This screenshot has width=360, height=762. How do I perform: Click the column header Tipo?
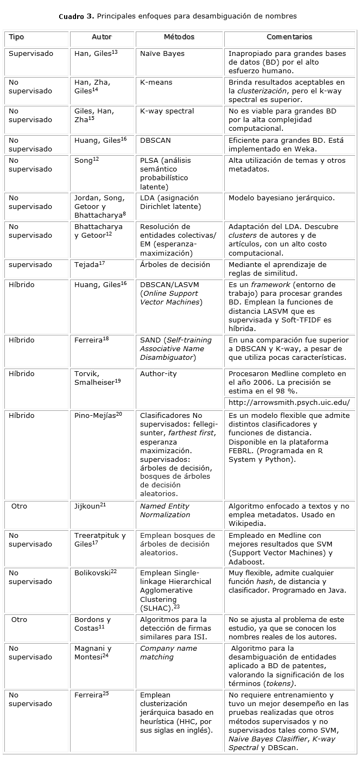[16, 37]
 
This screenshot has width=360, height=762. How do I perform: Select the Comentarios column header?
[289, 37]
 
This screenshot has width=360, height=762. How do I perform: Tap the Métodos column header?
[179, 37]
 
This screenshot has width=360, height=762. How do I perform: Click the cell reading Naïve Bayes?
[162, 54]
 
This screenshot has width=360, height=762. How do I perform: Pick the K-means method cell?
[156, 82]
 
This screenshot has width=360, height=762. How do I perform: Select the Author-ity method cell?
[158, 374]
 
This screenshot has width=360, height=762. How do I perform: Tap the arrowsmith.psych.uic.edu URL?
[289, 403]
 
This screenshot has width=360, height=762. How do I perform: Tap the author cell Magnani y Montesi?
[93, 652]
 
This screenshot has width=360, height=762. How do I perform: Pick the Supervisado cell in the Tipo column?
[31, 54]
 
